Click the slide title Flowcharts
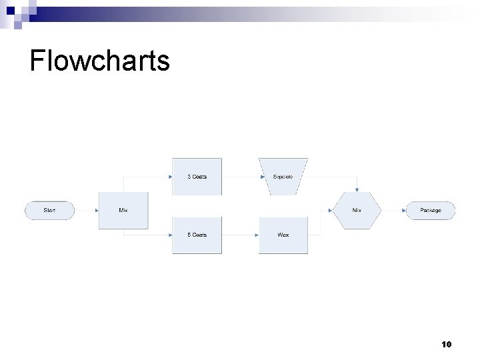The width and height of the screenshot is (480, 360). (x=100, y=61)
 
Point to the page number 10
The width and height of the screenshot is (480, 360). (x=446, y=345)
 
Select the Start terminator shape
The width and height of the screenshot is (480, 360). (x=49, y=211)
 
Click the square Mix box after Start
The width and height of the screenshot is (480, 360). (x=123, y=211)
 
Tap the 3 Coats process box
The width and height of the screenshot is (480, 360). (x=197, y=177)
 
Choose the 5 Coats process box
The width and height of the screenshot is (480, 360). (x=197, y=235)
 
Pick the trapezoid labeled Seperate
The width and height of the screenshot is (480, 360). (x=283, y=177)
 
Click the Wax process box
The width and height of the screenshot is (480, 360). (x=283, y=235)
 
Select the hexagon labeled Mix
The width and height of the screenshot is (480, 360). (x=357, y=211)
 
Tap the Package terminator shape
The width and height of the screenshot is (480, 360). (x=430, y=211)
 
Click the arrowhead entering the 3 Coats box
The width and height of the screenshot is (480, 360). (x=169, y=177)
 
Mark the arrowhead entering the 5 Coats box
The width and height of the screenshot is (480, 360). (x=169, y=235)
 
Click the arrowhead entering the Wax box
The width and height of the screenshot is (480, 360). (x=256, y=235)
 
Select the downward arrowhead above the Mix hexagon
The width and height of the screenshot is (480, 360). (x=357, y=189)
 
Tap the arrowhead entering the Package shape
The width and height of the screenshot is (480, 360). (x=404, y=211)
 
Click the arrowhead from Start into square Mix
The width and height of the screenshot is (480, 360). (x=96, y=211)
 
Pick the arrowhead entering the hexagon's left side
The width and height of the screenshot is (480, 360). (x=331, y=211)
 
